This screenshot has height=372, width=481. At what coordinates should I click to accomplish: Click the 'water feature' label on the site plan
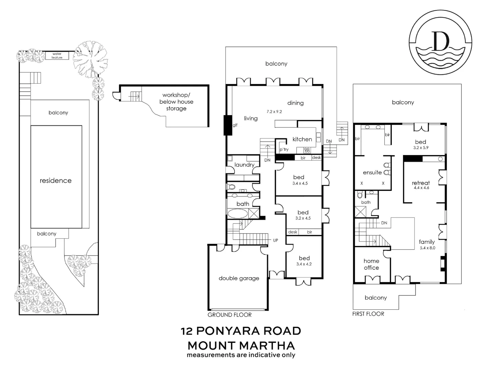point(57,55)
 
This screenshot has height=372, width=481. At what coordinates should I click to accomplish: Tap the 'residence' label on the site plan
point(55,180)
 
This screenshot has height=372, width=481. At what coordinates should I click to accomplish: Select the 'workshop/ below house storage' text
point(176,102)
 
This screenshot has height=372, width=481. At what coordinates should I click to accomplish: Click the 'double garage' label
point(239,278)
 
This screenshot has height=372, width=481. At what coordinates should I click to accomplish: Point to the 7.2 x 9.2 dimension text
point(274,112)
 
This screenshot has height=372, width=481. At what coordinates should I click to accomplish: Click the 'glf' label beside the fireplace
point(235,125)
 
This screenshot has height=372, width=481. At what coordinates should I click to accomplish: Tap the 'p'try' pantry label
point(284,149)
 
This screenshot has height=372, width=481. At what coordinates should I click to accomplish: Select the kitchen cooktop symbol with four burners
point(307,150)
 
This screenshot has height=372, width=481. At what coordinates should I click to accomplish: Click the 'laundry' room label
point(244,165)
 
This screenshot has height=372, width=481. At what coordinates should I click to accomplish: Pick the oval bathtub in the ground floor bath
point(237,214)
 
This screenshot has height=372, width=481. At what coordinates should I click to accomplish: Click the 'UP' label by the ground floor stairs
point(276,240)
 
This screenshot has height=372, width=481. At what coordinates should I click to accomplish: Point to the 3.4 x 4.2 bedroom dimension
point(304,264)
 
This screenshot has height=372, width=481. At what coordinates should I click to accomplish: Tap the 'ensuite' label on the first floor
point(372,172)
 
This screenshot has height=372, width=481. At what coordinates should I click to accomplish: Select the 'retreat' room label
point(421,183)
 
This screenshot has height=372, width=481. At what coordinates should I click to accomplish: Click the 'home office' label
point(371,264)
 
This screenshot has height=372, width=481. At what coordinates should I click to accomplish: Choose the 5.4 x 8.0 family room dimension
point(428,248)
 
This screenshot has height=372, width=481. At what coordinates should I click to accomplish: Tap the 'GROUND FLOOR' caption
point(229,315)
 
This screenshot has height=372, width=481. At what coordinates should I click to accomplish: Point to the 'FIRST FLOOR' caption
point(368,314)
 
